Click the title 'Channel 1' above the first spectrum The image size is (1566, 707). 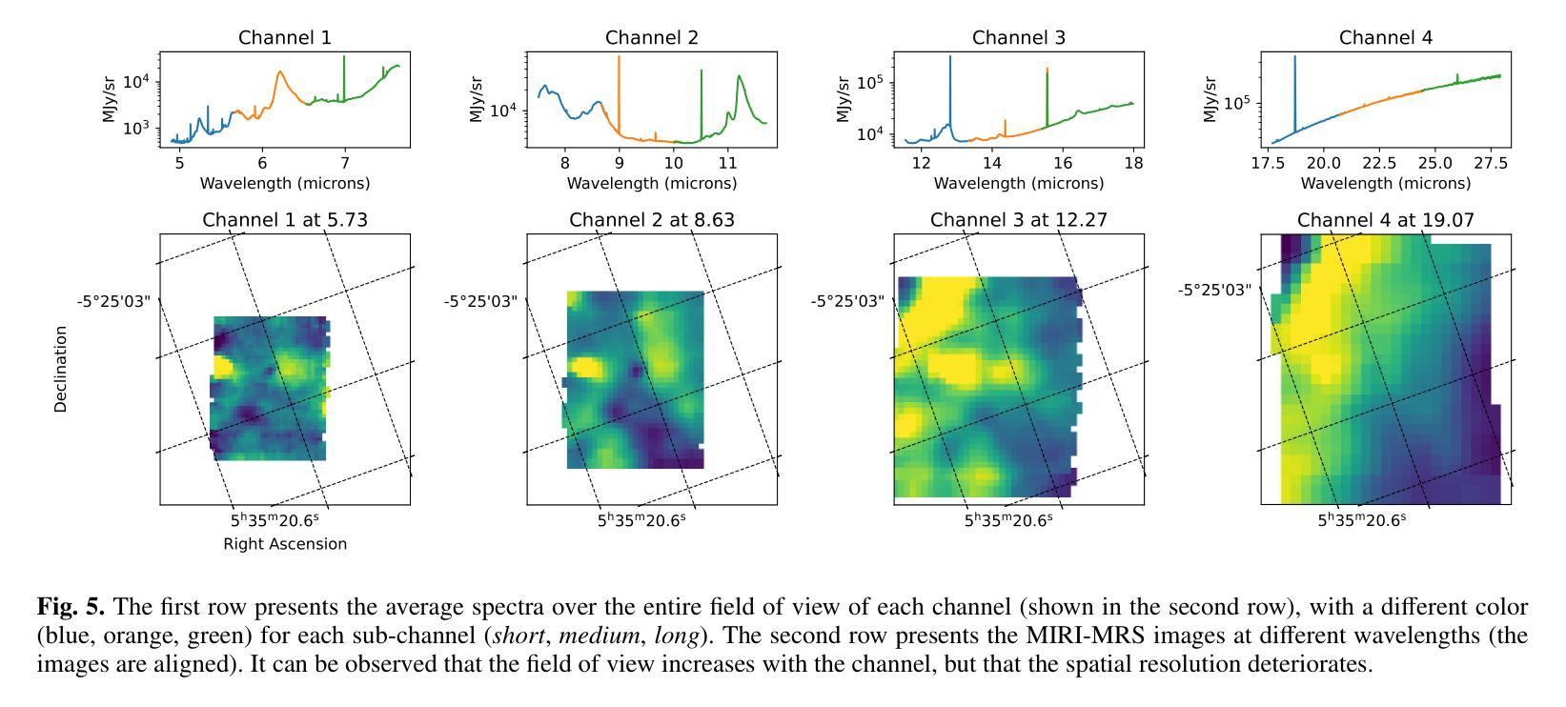click(285, 38)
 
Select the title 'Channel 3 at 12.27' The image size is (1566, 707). click(1018, 221)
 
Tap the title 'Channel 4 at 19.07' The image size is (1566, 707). click(1385, 221)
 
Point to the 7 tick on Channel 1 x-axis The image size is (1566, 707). click(345, 163)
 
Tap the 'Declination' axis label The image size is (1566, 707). click(61, 369)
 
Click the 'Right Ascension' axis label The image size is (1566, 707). click(285, 544)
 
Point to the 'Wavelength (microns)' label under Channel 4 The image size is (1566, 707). click(1385, 183)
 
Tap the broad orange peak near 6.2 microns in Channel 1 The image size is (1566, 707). click(280, 75)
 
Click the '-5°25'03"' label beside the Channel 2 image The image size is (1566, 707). click(480, 302)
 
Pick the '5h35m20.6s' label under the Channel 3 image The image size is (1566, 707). click(1008, 520)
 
